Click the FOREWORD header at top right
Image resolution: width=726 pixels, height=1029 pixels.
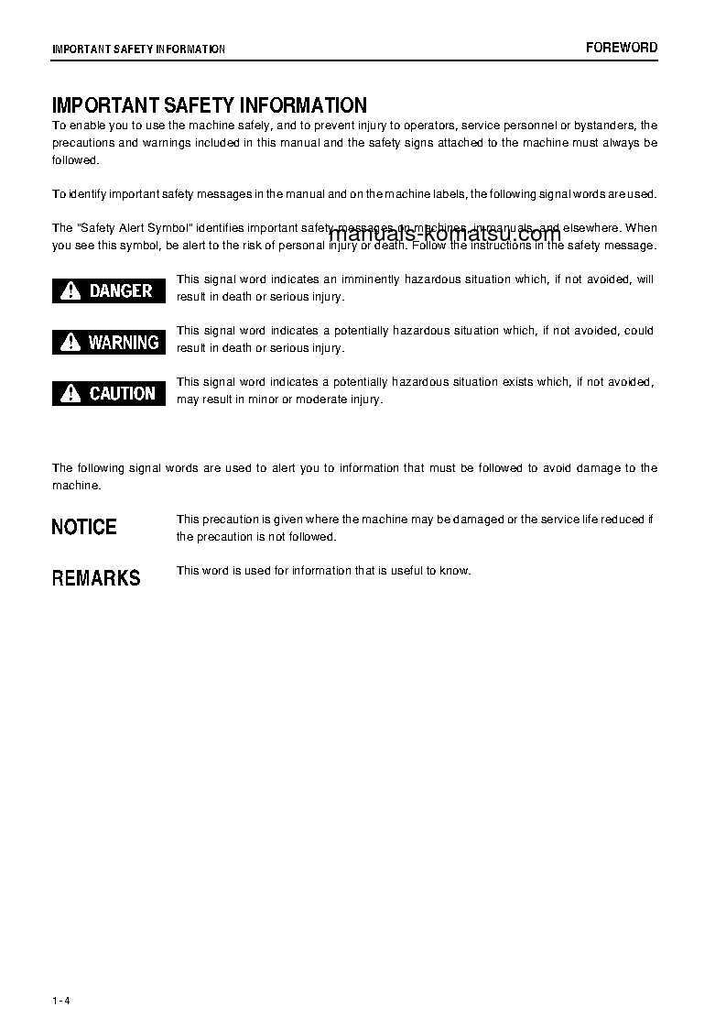click(622, 48)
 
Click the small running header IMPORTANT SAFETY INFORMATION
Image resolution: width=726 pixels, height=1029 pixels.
click(138, 49)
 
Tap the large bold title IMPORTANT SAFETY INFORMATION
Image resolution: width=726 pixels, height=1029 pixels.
click(210, 105)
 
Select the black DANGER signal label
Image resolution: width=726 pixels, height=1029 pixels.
click(109, 290)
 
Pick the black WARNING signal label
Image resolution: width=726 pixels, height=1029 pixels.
click(109, 342)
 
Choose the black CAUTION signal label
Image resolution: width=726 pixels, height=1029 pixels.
click(109, 393)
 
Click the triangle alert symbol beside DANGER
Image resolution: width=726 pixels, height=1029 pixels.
click(70, 291)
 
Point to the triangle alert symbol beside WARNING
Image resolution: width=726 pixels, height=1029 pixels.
click(70, 343)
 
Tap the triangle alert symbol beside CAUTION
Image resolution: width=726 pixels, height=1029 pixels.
click(70, 394)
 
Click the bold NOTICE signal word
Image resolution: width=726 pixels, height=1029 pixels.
click(84, 527)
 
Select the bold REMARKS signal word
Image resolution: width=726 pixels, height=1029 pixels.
click(96, 578)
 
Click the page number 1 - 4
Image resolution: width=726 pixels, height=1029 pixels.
click(61, 1000)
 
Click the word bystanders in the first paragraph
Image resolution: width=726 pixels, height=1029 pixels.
click(602, 126)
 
